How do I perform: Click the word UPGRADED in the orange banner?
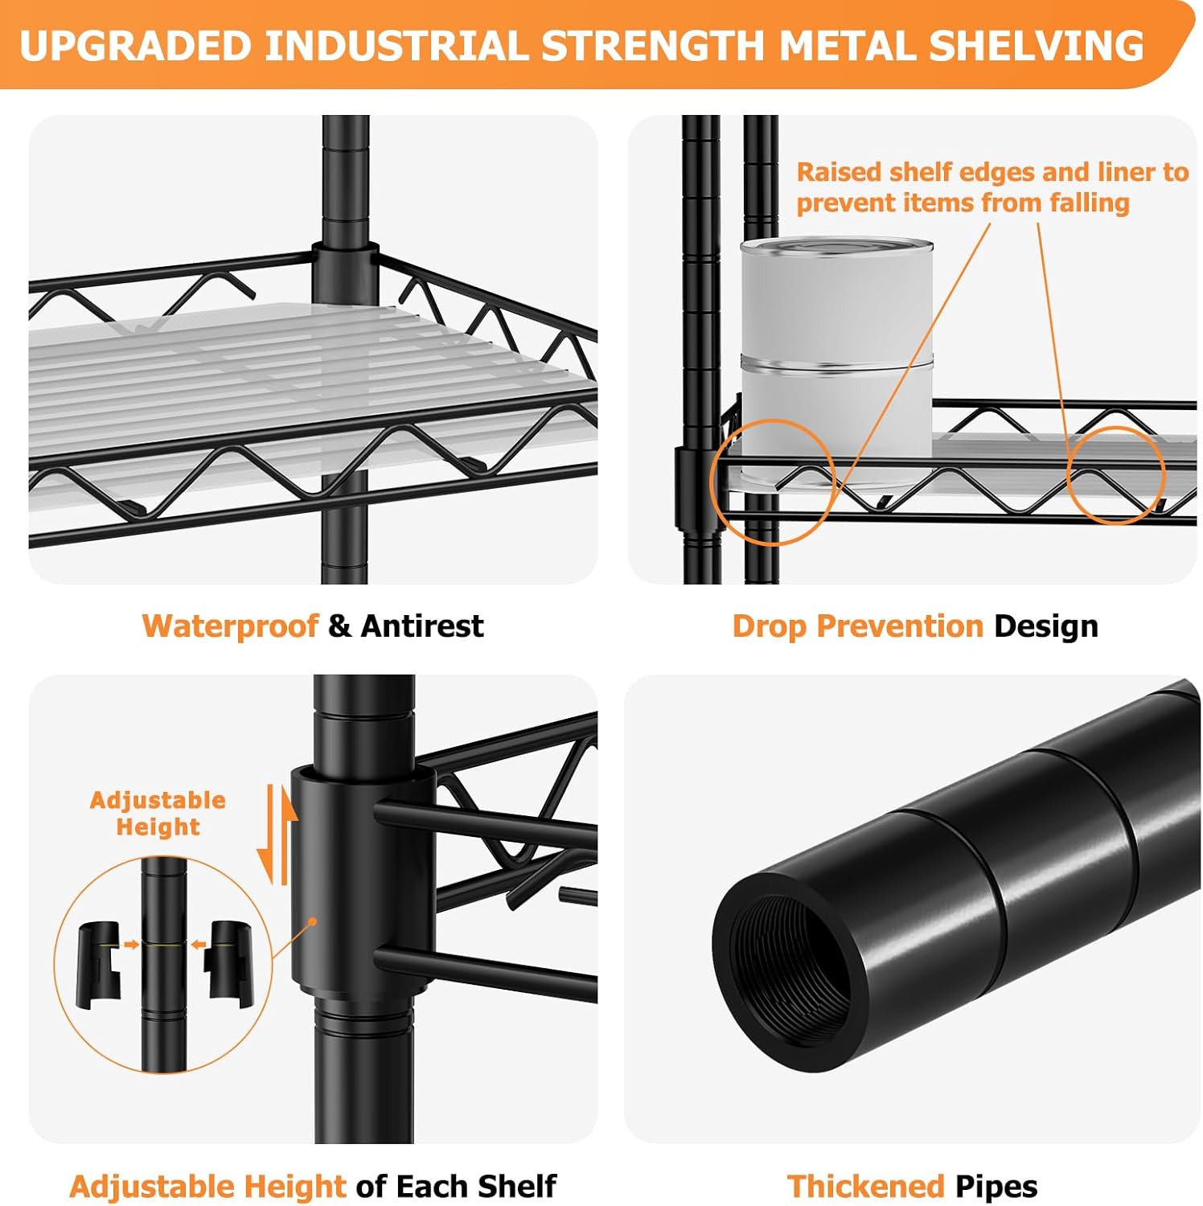(x=135, y=45)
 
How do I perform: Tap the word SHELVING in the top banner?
(x=1037, y=45)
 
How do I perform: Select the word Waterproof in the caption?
(x=230, y=626)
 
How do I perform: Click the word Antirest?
(x=422, y=626)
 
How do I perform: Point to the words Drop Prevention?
(x=858, y=626)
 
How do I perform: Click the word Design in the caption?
(x=1046, y=626)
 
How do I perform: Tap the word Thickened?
(x=865, y=1186)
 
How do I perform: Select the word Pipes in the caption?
(x=996, y=1187)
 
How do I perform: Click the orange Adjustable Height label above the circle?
(x=158, y=814)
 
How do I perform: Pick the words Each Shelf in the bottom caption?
(x=476, y=1186)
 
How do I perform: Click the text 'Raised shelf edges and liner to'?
(x=992, y=172)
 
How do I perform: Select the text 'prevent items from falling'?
(x=963, y=203)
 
